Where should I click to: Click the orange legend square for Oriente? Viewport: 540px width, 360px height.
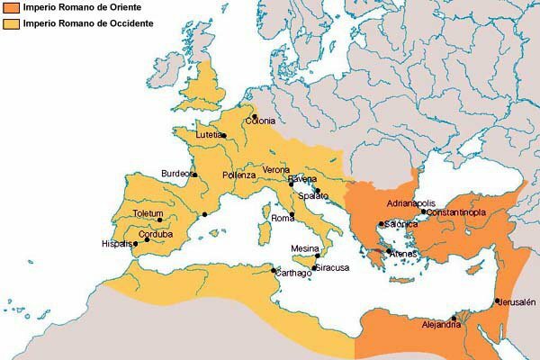click(11, 8)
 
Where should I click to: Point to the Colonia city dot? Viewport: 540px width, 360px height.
click(255, 116)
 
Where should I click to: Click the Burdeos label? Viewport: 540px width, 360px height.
click(176, 174)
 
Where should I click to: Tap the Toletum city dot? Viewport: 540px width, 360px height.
click(160, 220)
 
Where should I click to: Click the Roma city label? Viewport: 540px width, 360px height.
click(283, 219)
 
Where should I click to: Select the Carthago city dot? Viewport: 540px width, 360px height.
click(274, 269)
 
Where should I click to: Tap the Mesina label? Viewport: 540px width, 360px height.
click(306, 248)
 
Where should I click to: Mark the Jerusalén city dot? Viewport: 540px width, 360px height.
click(497, 301)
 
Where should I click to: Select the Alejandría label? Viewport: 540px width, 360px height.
click(441, 325)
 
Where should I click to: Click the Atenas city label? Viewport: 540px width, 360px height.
click(402, 254)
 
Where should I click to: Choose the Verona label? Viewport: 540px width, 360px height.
click(277, 170)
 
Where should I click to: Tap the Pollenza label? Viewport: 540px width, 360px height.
click(238, 175)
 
